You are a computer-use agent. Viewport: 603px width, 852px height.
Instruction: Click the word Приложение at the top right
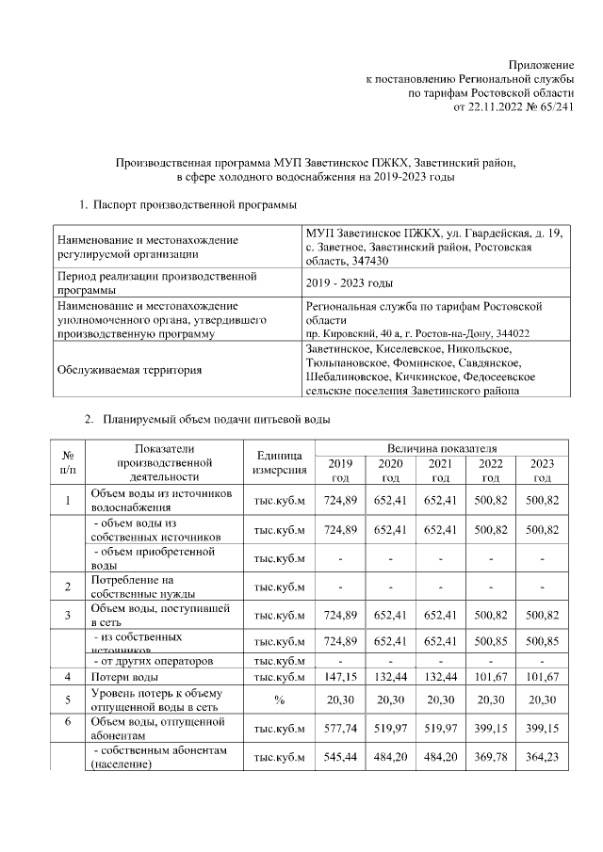point(541,64)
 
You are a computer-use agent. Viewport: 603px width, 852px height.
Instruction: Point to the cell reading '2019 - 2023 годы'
point(350,283)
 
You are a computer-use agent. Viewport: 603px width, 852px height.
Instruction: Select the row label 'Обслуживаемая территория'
point(129,370)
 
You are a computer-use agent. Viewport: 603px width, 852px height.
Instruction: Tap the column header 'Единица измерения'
point(278,462)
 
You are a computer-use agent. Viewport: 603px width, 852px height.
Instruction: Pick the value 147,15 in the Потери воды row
point(340,677)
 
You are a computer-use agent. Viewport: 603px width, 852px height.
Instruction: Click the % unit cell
point(278,700)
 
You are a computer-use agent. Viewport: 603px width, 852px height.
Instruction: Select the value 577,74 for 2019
point(340,729)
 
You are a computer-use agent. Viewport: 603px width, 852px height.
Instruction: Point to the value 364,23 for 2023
point(541,758)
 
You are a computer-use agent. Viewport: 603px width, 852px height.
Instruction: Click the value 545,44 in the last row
point(340,758)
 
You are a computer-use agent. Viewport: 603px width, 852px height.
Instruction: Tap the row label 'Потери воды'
point(124,677)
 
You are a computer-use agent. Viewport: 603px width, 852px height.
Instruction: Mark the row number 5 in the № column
point(67,700)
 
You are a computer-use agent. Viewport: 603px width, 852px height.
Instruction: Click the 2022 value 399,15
point(490,729)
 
